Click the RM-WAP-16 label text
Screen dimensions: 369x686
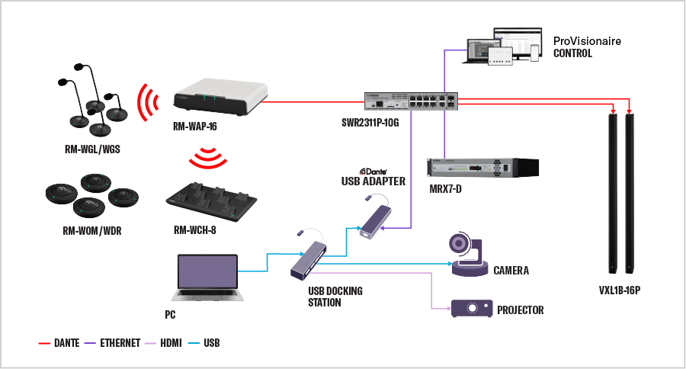pyautogui.click(x=195, y=127)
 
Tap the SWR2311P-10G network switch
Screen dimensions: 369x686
pyautogui.click(x=411, y=101)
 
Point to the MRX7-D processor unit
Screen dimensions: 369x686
pyautogui.click(x=482, y=166)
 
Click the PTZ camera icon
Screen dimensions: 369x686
pyautogui.click(x=468, y=255)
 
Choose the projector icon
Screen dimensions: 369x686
pyautogui.click(x=471, y=308)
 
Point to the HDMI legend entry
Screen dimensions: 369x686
pyautogui.click(x=170, y=343)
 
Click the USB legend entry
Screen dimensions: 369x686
pyautogui.click(x=211, y=343)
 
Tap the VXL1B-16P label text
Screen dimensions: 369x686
pyautogui.click(x=620, y=291)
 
